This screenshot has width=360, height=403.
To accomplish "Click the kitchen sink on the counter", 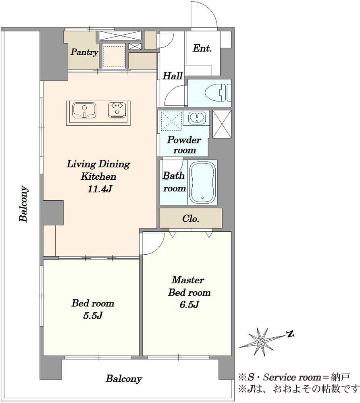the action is (x=85, y=111).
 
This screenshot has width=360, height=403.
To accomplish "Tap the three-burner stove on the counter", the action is (x=118, y=110).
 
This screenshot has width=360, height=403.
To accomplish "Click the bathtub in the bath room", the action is (x=203, y=182).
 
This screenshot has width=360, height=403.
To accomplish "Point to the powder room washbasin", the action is (x=197, y=118).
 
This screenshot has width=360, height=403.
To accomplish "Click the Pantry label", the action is (x=84, y=52).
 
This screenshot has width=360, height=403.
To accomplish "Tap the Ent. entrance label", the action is (x=202, y=48).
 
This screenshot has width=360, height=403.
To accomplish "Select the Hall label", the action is (x=173, y=76).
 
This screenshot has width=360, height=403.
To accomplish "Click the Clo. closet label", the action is (x=191, y=219).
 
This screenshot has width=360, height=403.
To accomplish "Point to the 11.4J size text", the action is (x=100, y=189).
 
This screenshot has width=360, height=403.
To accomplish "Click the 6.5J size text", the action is (x=189, y=305).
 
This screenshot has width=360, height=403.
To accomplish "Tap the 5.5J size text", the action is (x=93, y=316).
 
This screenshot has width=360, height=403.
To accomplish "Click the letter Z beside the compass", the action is (x=290, y=334).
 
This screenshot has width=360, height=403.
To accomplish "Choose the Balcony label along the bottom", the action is (x=124, y=378).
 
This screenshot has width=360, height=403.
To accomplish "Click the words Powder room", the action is (x=184, y=145).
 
